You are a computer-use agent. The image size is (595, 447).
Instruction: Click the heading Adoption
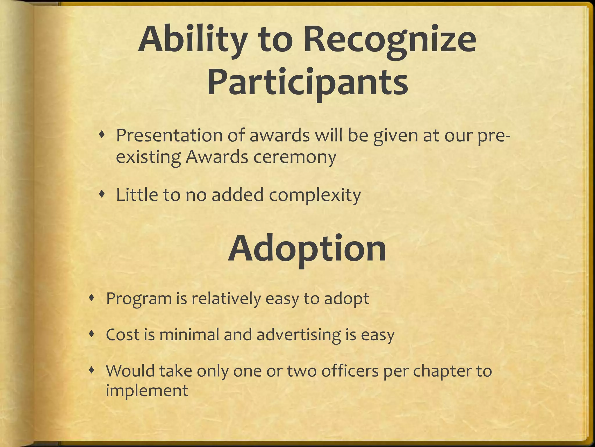point(307,249)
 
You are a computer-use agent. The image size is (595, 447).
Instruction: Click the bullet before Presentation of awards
point(101,134)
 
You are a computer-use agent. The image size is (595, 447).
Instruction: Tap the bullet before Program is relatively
point(92,297)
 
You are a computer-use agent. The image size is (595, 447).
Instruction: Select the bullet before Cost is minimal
point(92,334)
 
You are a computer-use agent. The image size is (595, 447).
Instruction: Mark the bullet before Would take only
point(92,370)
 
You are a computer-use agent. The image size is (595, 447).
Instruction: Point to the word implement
point(147,391)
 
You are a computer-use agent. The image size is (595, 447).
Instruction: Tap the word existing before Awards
point(148,157)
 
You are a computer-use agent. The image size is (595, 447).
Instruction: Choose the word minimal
point(189,335)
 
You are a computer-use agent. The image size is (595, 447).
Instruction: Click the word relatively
point(226,298)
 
